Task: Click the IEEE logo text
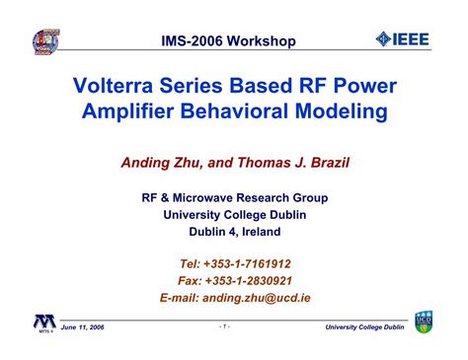(x=411, y=39)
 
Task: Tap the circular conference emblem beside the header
(x=46, y=42)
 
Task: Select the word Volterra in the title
(x=114, y=86)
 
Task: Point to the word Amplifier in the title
(x=127, y=110)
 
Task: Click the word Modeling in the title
(x=342, y=111)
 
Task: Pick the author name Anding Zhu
(x=161, y=163)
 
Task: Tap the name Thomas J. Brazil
(x=293, y=163)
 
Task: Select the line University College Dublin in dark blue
(x=235, y=215)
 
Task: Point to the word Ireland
(x=262, y=232)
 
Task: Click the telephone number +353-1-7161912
(x=247, y=264)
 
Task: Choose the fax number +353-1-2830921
(x=249, y=281)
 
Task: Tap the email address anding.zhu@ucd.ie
(x=257, y=298)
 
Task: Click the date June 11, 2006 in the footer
(x=82, y=327)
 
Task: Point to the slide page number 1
(x=224, y=326)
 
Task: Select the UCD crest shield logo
(x=424, y=322)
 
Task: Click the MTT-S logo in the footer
(x=45, y=324)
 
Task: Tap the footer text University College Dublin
(x=364, y=327)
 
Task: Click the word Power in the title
(x=365, y=86)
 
